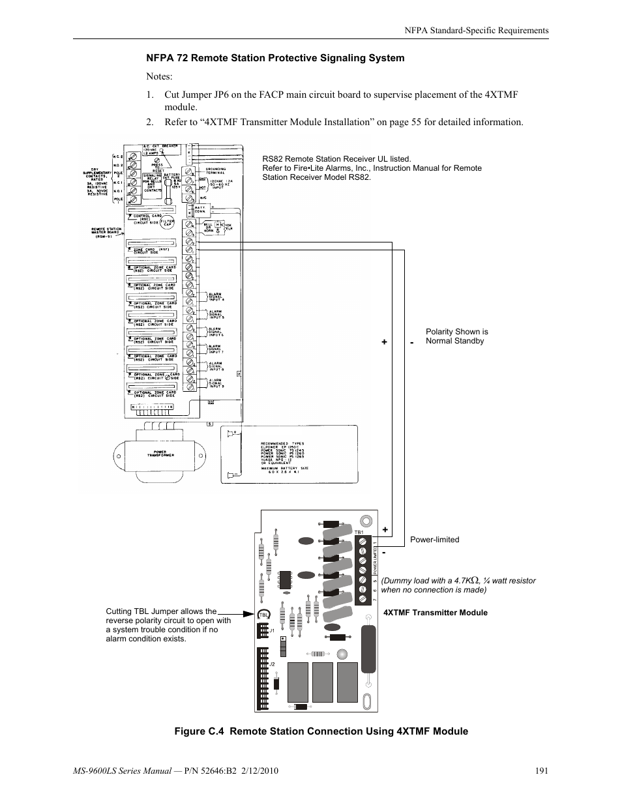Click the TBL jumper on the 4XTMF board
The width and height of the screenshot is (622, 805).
(264, 615)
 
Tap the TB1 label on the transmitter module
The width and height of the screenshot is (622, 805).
(359, 533)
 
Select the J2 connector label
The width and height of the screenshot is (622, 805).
(273, 664)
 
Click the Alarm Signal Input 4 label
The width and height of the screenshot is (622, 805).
(215, 297)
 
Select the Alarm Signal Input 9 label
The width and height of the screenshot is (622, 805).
(215, 383)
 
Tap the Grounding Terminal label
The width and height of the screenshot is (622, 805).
(216, 171)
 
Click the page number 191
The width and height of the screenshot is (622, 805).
(541, 770)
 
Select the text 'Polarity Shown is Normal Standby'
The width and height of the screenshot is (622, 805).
(456, 336)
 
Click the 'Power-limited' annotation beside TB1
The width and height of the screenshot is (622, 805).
(434, 540)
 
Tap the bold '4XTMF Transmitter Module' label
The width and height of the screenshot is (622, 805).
(435, 613)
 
